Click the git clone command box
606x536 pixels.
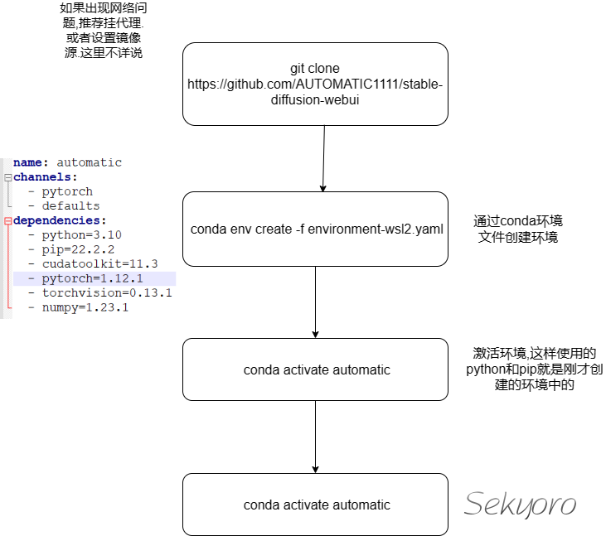tap(315, 84)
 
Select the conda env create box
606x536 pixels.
tap(315, 229)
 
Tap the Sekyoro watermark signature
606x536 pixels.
tap(520, 504)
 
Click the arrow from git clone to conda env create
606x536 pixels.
tap(321, 158)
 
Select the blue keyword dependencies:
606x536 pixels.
tap(60, 220)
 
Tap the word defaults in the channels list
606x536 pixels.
tap(70, 205)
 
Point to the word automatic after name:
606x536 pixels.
tap(89, 162)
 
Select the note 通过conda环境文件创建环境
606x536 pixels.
tap(518, 229)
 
